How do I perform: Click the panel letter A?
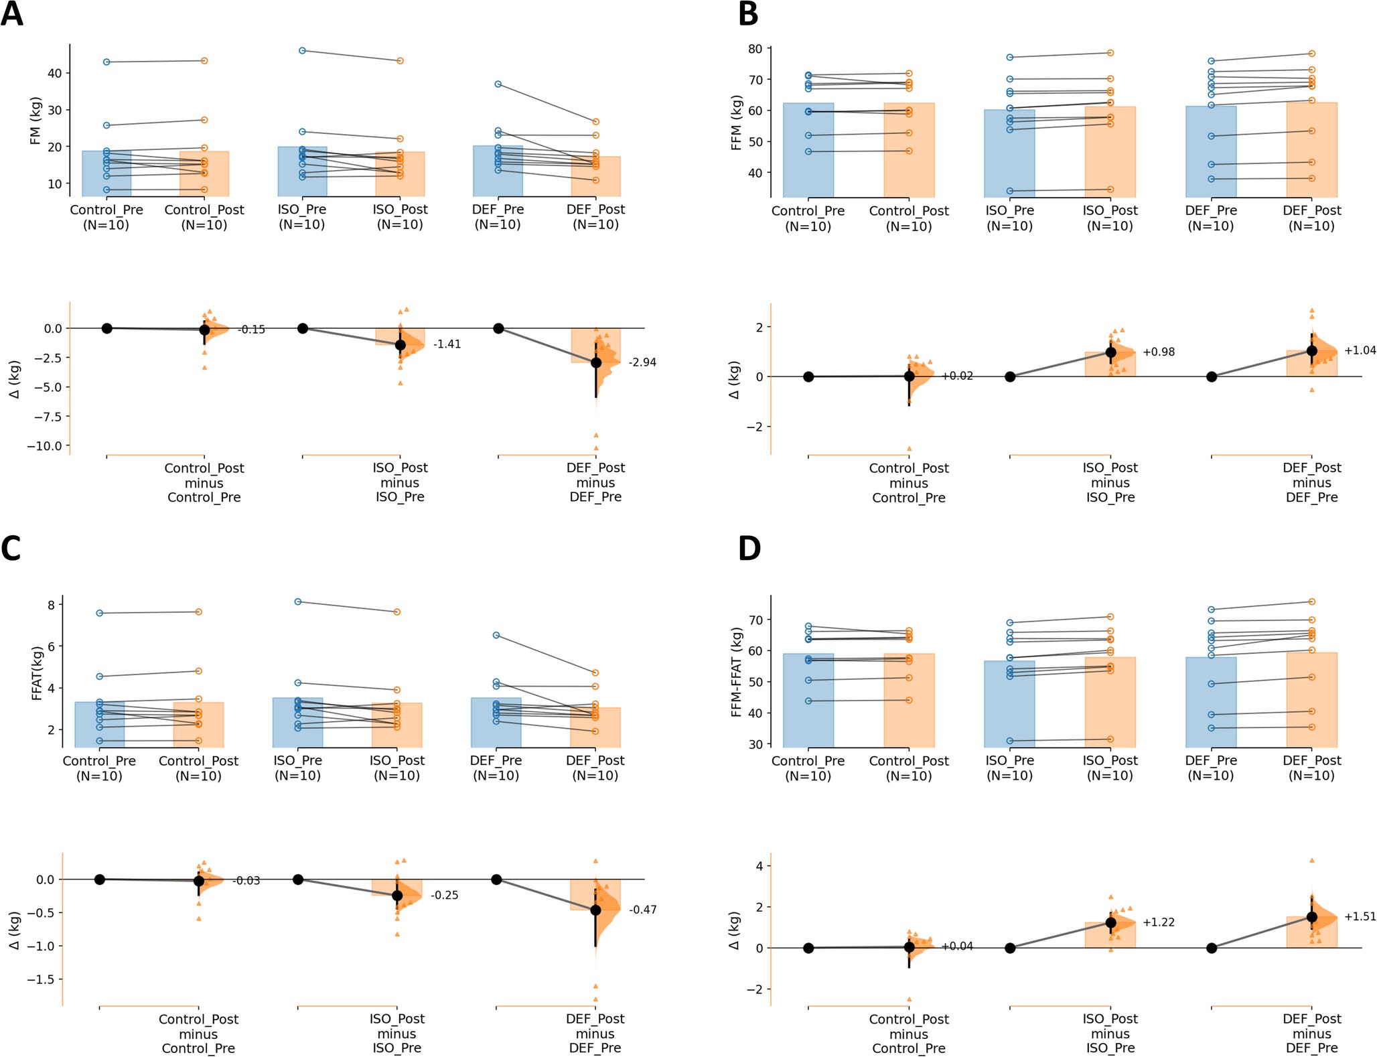12,15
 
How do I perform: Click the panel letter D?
749,549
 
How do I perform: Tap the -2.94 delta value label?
642,362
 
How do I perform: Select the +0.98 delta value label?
1158,352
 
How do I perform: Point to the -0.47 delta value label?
642,910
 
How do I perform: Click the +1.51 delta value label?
1360,916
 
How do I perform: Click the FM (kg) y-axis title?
35,121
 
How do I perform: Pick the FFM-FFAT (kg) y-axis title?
737,672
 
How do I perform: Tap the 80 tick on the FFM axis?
755,49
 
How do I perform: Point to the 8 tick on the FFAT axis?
50,604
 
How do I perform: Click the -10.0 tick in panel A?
44,446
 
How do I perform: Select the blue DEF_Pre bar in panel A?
498,171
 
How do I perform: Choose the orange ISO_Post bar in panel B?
1110,151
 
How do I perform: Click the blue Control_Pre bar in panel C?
100,724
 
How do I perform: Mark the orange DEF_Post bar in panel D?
1311,699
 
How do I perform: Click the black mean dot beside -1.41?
400,345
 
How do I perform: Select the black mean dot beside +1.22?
1110,922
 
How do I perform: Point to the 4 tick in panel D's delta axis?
760,866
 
